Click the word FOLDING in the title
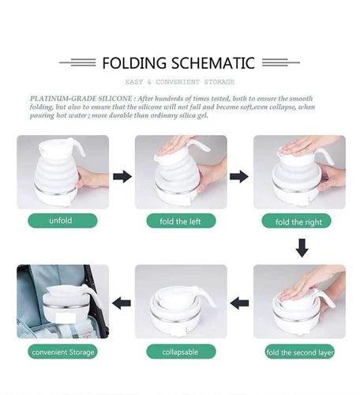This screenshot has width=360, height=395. pyautogui.click(x=134, y=63)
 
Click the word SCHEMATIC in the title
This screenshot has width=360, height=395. pyautogui.click(x=213, y=63)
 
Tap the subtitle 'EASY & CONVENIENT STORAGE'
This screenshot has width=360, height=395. pyautogui.click(x=180, y=82)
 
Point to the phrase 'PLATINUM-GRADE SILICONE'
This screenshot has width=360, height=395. pyautogui.click(x=81, y=99)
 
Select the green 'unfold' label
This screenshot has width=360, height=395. pyautogui.click(x=62, y=220)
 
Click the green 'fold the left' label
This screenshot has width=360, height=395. pyautogui.click(x=181, y=221)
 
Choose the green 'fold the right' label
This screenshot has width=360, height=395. pyautogui.click(x=296, y=221)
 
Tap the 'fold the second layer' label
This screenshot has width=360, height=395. pyautogui.click(x=300, y=352)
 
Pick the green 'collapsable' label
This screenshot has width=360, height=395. pyautogui.click(x=181, y=352)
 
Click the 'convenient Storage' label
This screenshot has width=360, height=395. pyautogui.click(x=62, y=352)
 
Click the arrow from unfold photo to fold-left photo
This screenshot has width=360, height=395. pyautogui.click(x=122, y=176)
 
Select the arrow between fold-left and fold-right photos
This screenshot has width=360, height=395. pyautogui.click(x=239, y=176)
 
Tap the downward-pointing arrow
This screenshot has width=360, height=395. pyautogui.click(x=302, y=248)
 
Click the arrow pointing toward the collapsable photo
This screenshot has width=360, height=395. pyautogui.click(x=239, y=303)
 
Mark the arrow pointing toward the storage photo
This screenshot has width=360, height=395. pyautogui.click(x=122, y=303)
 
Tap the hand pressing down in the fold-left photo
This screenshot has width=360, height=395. pyautogui.click(x=176, y=145)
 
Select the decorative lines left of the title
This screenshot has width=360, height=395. pyautogui.click(x=77, y=62)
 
